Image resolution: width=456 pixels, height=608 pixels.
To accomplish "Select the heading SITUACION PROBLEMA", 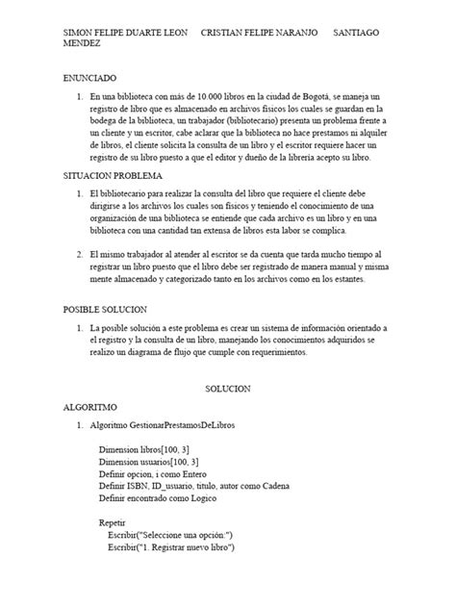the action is click(114, 176).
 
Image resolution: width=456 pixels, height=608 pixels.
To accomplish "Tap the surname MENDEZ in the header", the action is click(84, 43).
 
